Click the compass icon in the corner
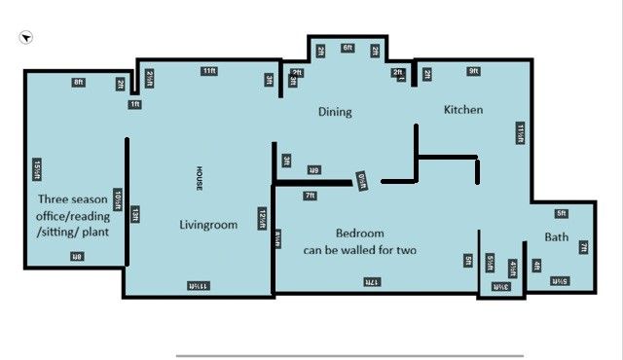coord(25,37)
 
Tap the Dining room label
coord(335,112)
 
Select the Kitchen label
coord(463,110)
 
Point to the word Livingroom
coord(208,225)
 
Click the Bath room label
coord(556,237)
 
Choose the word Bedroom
coord(359,234)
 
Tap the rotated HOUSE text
coord(198,178)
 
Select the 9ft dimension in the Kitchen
coord(473,71)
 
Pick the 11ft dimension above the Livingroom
coord(209,71)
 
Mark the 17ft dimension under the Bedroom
coord(371,281)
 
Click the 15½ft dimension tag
coord(36,169)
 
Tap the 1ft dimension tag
coord(135,103)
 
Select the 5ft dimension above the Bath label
coord(561,213)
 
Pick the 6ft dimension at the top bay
coord(348,47)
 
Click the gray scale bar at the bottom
coord(349,356)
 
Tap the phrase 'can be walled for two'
coord(359,250)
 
